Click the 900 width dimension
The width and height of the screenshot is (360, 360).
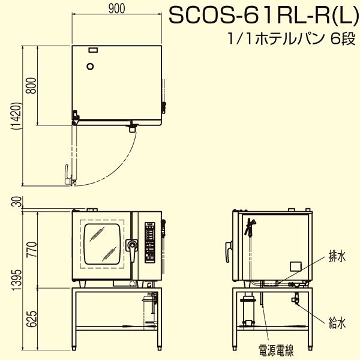pos(116,9)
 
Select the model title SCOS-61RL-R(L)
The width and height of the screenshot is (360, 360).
pos(264,16)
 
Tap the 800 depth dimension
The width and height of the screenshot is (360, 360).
pos(31,85)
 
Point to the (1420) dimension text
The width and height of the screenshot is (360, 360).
pos(17,116)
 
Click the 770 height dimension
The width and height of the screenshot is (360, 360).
pos(31,250)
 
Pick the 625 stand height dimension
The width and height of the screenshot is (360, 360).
pos(31,319)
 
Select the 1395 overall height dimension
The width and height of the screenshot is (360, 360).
pos(17,280)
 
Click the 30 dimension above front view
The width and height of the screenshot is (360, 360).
pos(18,202)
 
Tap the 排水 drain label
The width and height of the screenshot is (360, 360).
pos(337,256)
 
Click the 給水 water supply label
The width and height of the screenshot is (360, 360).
pos(337,323)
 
